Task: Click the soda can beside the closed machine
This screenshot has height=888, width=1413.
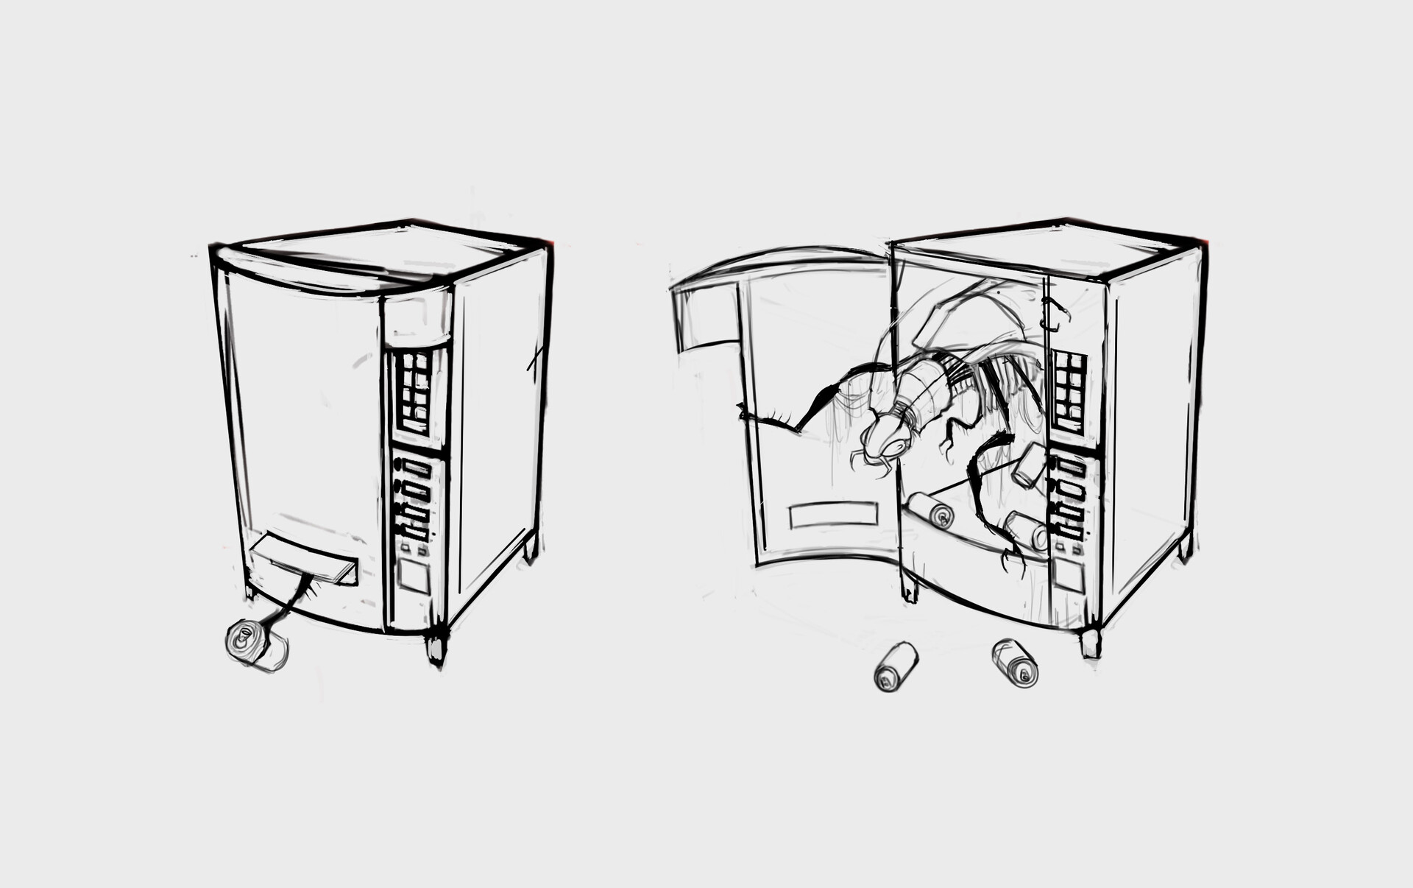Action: click(254, 646)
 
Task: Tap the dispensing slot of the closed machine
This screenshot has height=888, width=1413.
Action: click(303, 558)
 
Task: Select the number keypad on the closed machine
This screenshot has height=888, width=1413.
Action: click(413, 392)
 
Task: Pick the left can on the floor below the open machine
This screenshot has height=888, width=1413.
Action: click(896, 666)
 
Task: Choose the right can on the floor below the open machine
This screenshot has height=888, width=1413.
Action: click(1015, 663)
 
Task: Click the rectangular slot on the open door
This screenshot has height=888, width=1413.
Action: click(833, 515)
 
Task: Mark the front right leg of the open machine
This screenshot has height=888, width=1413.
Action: click(1091, 642)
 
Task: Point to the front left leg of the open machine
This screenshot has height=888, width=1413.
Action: click(910, 587)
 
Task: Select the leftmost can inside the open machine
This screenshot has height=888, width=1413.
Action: click(930, 510)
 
